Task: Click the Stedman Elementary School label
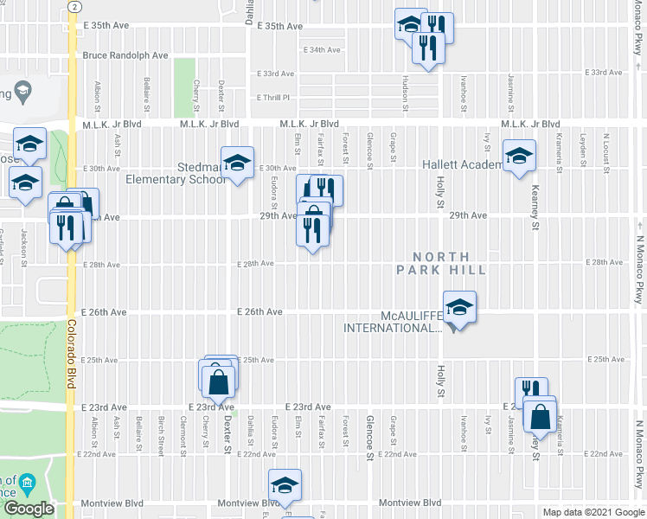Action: coord(180,172)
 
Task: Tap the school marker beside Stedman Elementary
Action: coord(236,163)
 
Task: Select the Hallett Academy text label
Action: coord(461,164)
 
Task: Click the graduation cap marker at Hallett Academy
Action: coord(519,157)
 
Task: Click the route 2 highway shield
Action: coord(74,6)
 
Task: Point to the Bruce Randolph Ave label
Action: coord(126,55)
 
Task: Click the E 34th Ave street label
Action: coord(321,50)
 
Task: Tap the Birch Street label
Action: coord(161,432)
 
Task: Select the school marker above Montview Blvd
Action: coord(283,486)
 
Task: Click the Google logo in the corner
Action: coord(29,509)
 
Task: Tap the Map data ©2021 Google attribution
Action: coord(593,512)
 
